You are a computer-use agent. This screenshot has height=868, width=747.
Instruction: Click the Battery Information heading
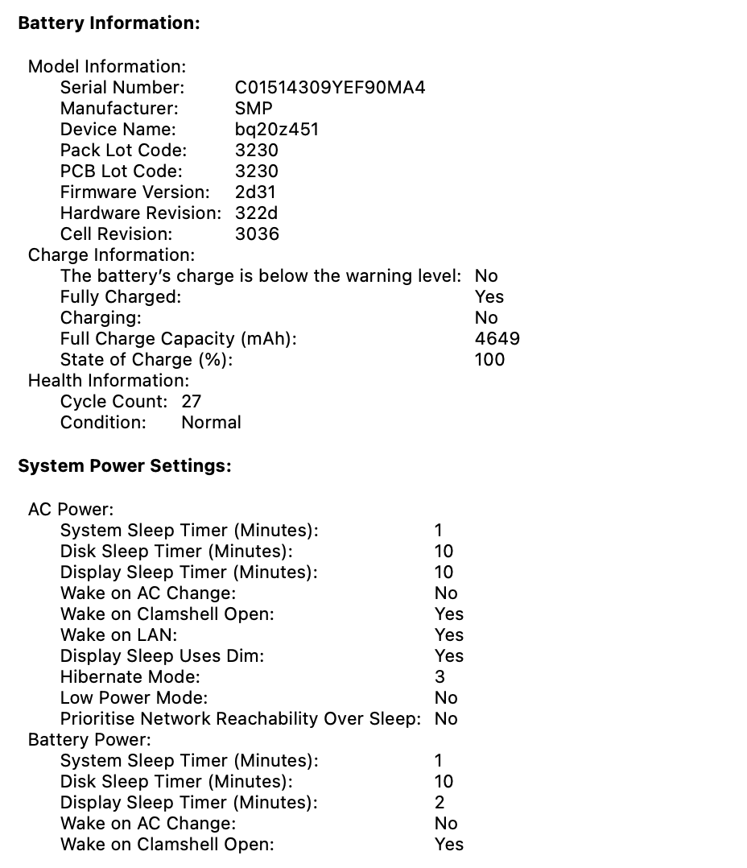point(109,23)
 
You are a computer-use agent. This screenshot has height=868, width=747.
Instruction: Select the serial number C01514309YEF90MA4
point(330,87)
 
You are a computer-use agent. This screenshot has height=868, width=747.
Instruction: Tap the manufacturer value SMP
point(254,108)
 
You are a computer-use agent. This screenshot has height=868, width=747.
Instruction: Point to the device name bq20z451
point(277,129)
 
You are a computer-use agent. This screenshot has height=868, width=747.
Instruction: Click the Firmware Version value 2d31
point(255,192)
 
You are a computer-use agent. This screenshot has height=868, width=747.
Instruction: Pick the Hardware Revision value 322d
point(257,213)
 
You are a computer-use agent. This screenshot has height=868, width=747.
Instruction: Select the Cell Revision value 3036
point(257,234)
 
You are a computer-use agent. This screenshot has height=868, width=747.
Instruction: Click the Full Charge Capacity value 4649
point(497,338)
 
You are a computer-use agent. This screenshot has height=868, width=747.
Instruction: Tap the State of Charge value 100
point(489,359)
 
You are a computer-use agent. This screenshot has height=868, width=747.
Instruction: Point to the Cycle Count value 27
point(192,401)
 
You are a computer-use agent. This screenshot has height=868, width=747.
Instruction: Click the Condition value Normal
point(211,422)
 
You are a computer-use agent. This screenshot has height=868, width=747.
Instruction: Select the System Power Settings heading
point(125,466)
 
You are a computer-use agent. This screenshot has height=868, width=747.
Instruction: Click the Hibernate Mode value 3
point(440,676)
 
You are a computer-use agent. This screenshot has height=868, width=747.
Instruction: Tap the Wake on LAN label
point(118,634)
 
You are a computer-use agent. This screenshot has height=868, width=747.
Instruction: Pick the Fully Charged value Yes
point(489,296)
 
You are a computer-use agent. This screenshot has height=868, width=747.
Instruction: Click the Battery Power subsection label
point(89,739)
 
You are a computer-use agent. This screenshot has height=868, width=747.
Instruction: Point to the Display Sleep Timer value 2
point(440,802)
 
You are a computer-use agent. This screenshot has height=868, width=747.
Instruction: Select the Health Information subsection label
point(109,380)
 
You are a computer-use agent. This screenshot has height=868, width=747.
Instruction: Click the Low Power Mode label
point(134,697)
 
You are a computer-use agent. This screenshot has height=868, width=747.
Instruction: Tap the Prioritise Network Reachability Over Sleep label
point(240,718)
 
